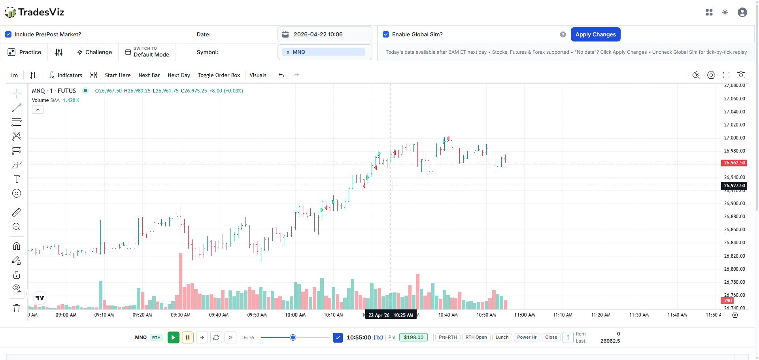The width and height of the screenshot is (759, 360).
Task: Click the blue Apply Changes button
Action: (x=595, y=34)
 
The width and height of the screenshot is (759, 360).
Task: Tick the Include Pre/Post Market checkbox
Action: (x=8, y=34)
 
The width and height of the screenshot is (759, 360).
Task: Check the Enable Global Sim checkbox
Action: (x=386, y=34)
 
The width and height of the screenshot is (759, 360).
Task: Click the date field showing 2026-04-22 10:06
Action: (x=325, y=34)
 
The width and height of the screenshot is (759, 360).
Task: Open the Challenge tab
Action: (x=94, y=52)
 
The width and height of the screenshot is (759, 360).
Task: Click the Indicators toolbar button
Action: (x=65, y=75)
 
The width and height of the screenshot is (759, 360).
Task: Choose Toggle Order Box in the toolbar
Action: (x=219, y=75)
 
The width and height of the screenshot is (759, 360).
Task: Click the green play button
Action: (x=173, y=337)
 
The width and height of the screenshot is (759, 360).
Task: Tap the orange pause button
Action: (x=188, y=337)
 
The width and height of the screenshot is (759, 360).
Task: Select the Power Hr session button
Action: (x=527, y=337)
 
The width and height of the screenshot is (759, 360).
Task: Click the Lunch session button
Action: (x=502, y=337)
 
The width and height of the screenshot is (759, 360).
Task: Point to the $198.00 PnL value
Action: (x=413, y=337)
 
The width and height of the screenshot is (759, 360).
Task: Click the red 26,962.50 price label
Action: (x=734, y=163)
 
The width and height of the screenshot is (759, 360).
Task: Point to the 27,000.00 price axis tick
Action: (x=734, y=138)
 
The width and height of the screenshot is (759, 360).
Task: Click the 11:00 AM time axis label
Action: (x=524, y=315)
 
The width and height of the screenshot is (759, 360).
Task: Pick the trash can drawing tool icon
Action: (x=17, y=308)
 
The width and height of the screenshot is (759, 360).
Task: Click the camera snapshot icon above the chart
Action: (x=741, y=75)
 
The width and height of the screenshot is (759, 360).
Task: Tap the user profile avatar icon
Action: (x=742, y=12)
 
